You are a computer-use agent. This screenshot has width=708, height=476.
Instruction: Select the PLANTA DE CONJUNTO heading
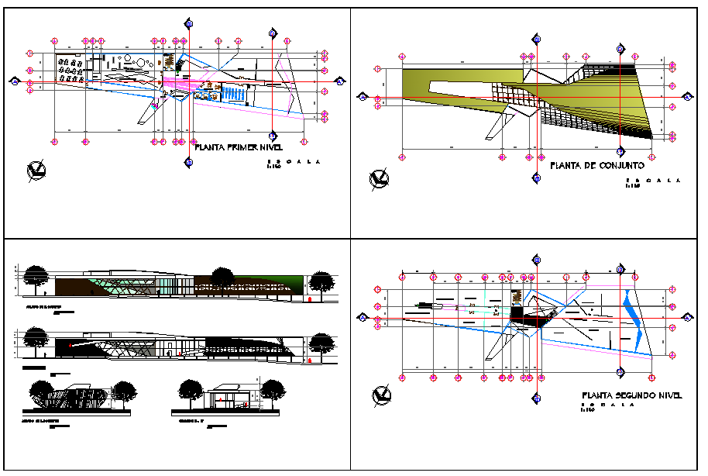pyautogui.click(x=596, y=165)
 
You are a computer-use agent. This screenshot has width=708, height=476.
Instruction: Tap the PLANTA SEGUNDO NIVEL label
pyautogui.click(x=631, y=395)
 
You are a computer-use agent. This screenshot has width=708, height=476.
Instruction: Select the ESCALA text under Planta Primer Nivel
pyautogui.click(x=292, y=162)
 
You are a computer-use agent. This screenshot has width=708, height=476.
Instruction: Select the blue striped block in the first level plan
pyautogui.click(x=232, y=94)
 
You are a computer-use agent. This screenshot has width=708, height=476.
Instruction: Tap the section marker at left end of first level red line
pyautogui.click(x=15, y=80)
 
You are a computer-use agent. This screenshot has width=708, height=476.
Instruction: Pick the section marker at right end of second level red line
pyautogui.click(x=687, y=318)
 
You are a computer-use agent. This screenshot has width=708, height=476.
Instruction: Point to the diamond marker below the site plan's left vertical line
pyautogui.click(x=536, y=180)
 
